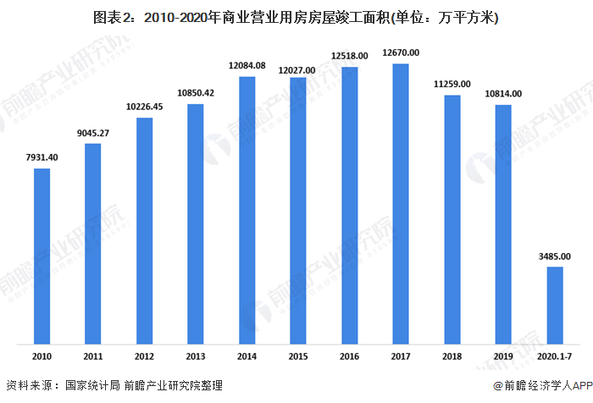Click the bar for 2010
42,256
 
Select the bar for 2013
196,224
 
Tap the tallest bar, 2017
401,203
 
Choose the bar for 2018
452,219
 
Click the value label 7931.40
42,157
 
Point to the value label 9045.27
93,132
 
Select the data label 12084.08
247,66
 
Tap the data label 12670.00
401,53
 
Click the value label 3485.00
554,256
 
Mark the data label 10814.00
503,93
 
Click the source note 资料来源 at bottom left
114,386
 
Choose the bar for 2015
299,211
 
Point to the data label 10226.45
145,107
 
